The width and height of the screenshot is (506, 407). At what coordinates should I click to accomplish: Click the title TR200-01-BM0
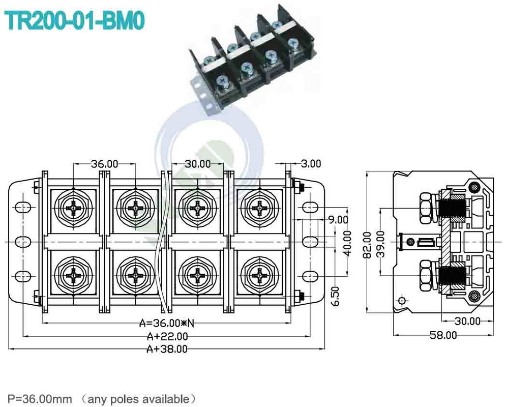pyautogui.click(x=75, y=21)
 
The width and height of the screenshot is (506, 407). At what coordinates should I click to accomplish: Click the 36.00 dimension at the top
pyautogui.click(x=104, y=164)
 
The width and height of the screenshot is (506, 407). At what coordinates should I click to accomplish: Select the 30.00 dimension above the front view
pyautogui.click(x=197, y=164)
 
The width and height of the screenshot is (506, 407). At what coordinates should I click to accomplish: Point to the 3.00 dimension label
pyautogui.click(x=311, y=164)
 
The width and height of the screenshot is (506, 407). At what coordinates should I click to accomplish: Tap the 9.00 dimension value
pyautogui.click(x=338, y=220)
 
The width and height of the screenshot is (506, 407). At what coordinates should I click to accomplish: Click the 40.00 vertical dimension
pyautogui.click(x=347, y=243)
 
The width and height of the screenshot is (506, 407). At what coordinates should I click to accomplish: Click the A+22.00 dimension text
pyautogui.click(x=167, y=336)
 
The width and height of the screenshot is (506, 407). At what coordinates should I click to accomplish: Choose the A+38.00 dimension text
pyautogui.click(x=167, y=349)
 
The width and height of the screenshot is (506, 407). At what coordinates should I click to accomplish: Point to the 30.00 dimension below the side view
pyautogui.click(x=467, y=321)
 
